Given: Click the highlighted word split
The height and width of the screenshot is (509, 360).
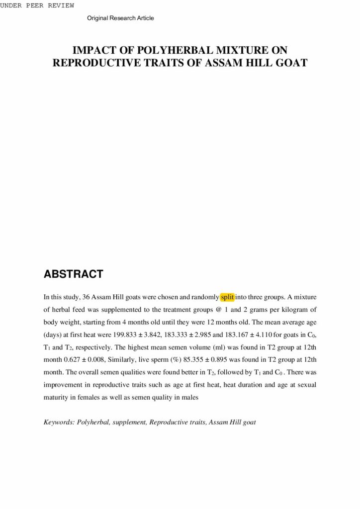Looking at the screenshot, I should (227, 297).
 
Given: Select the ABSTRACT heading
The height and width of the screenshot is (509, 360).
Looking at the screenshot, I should (73, 274).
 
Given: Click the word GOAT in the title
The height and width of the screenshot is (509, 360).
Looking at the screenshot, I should (290, 63).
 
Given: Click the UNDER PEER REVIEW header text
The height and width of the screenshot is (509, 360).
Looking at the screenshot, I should (37, 5).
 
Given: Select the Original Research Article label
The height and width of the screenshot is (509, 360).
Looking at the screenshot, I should (120, 18).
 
